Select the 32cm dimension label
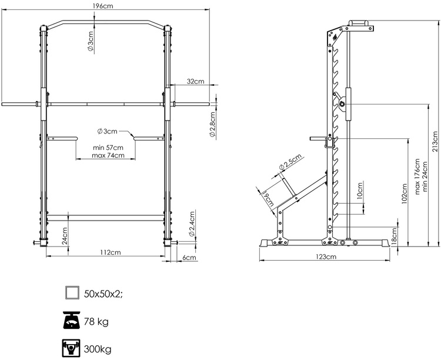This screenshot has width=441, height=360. [x=196, y=81]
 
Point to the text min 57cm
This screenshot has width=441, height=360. [x=108, y=148]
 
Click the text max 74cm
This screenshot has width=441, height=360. [x=108, y=156]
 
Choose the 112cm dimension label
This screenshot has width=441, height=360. [x=106, y=252]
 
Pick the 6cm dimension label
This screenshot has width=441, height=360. [x=189, y=258]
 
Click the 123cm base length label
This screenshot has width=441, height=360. [x=325, y=257]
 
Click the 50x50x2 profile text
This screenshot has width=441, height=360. [x=104, y=293]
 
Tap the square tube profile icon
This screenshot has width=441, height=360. [x=72, y=292]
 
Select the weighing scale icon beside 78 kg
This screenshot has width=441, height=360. [x=72, y=321]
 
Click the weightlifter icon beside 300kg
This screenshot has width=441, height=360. [x=72, y=349]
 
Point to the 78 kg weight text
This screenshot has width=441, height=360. [x=96, y=322]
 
